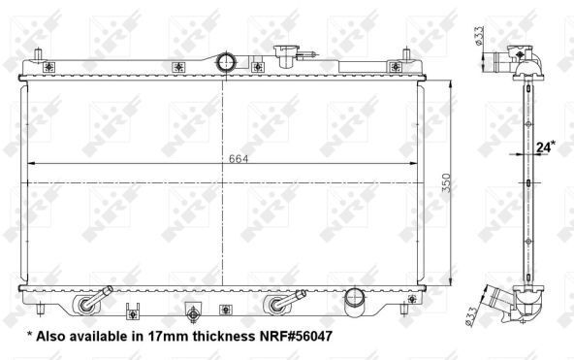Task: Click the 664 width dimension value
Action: pyautogui.click(x=239, y=159)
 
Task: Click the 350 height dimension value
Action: pyautogui.click(x=446, y=182)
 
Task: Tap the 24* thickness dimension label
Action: pyautogui.click(x=546, y=147)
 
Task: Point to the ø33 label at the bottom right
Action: pyautogui.click(x=471, y=315)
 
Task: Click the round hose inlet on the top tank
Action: pyautogui.click(x=226, y=62)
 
